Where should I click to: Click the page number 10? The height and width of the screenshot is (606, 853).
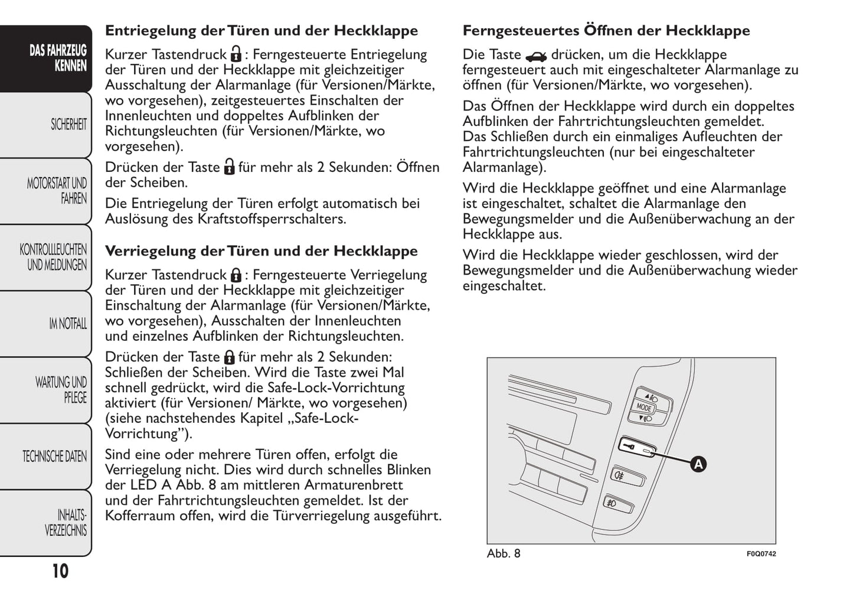click(x=60, y=571)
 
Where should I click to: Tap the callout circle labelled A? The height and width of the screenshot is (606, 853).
click(x=698, y=464)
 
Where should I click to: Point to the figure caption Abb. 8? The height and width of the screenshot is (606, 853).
click(x=504, y=553)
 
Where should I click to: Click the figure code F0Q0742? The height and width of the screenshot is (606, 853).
click(x=761, y=554)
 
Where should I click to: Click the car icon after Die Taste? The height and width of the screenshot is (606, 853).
click(x=536, y=56)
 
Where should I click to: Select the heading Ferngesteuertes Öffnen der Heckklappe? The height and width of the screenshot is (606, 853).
click(x=606, y=31)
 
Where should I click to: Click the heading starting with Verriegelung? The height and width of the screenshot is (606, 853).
click(x=261, y=251)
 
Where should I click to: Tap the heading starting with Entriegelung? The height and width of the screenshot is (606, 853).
click(x=261, y=31)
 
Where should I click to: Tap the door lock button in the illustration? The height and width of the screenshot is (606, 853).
click(x=636, y=447)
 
